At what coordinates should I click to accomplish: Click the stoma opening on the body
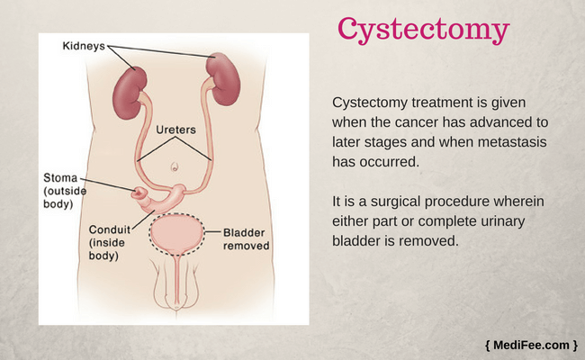[x=139, y=193]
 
